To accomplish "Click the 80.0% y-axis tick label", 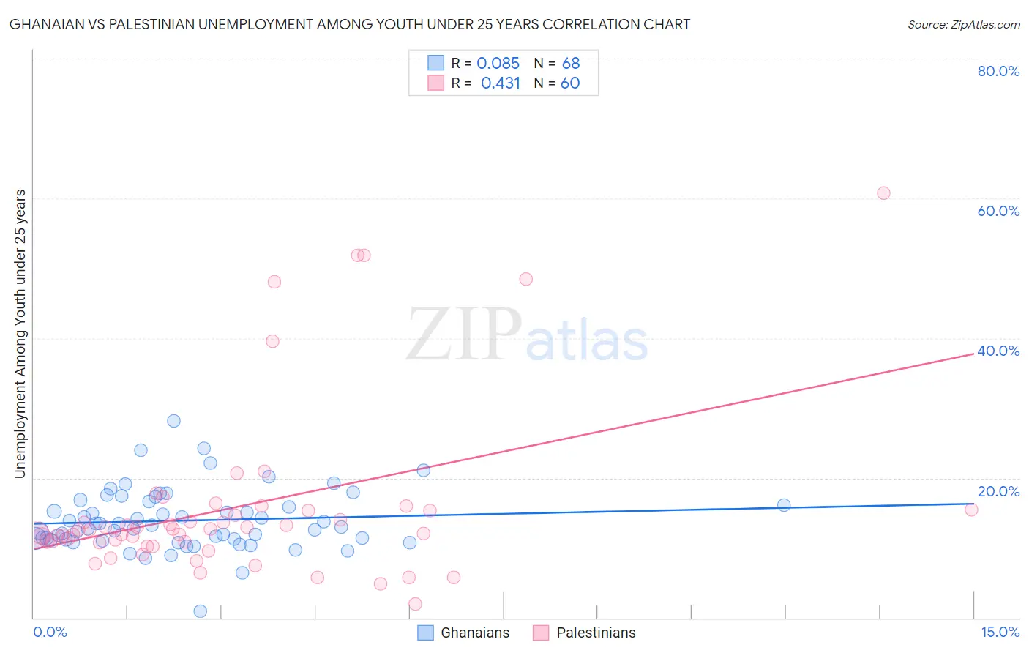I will click(x=998, y=71).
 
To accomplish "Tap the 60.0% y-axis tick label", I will click(x=998, y=211).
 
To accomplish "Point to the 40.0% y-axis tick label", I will click(x=998, y=351).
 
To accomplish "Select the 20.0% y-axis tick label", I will click(x=998, y=491).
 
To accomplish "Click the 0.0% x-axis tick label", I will click(x=50, y=632).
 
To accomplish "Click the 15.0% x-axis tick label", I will click(x=1000, y=632).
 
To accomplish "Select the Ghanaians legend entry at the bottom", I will click(x=463, y=633).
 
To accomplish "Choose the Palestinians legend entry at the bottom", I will click(x=584, y=633).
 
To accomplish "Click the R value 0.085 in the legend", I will click(x=498, y=63).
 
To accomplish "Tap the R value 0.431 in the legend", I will click(x=500, y=83).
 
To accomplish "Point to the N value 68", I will click(x=571, y=63).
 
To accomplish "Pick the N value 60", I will click(x=570, y=83).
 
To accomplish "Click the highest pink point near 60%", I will click(x=883, y=193).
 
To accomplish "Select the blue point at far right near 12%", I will click(x=784, y=504).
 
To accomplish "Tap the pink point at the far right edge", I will click(x=971, y=510).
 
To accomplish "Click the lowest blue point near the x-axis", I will click(x=200, y=611).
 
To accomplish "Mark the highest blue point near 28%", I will click(x=173, y=421).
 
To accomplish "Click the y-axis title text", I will click(x=20, y=334).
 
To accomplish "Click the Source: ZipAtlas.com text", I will click(x=963, y=25).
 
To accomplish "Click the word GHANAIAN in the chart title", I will click(x=46, y=25).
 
